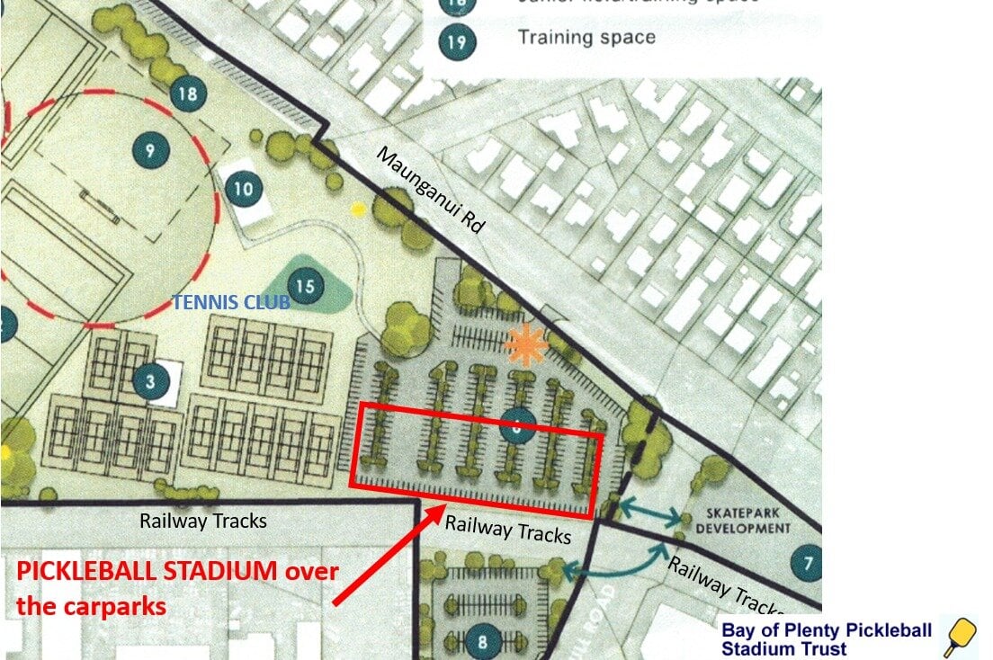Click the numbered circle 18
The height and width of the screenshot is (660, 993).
(x=188, y=94)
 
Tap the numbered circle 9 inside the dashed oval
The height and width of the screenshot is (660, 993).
(x=150, y=150)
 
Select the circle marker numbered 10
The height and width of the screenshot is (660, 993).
(x=243, y=190)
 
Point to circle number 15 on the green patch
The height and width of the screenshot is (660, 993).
(x=305, y=287)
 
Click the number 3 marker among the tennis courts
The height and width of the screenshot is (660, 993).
(x=151, y=383)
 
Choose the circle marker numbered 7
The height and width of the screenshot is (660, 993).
(x=807, y=564)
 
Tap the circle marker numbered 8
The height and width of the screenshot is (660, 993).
(x=483, y=641)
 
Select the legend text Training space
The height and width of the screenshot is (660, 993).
(x=586, y=38)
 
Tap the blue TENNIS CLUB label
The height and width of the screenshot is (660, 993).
(x=231, y=303)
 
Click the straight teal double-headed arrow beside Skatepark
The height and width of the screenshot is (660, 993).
(x=651, y=512)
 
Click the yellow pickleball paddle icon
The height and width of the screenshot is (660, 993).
(x=960, y=636)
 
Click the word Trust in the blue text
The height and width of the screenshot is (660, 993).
(x=819, y=649)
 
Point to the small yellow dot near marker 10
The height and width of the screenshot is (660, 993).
(x=358, y=210)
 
